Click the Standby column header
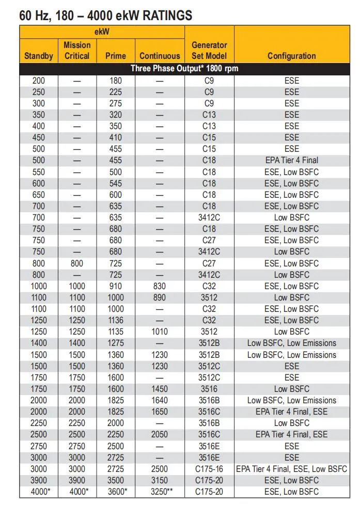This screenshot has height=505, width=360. (x=39, y=56)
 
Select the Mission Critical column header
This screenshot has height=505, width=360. (x=77, y=51)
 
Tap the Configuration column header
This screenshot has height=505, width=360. (x=291, y=56)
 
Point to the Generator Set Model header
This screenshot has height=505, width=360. (x=209, y=51)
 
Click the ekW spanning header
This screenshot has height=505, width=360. (x=102, y=32)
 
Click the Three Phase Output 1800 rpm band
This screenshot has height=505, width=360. (x=184, y=68)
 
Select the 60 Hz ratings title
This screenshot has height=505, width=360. (x=106, y=15)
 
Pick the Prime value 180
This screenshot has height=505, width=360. (x=116, y=81)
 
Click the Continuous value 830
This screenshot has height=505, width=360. (x=160, y=286)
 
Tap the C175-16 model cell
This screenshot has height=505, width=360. (x=209, y=469)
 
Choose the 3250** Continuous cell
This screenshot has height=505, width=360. (x=160, y=492)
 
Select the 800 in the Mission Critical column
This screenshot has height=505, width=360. (x=77, y=263)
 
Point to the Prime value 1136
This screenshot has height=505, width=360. (x=116, y=320)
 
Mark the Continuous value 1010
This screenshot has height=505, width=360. (x=160, y=332)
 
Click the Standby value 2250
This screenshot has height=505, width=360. (x=39, y=423)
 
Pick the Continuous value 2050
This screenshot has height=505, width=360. (x=160, y=434)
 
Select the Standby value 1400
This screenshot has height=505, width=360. (x=39, y=343)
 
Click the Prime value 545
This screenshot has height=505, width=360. (x=116, y=183)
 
